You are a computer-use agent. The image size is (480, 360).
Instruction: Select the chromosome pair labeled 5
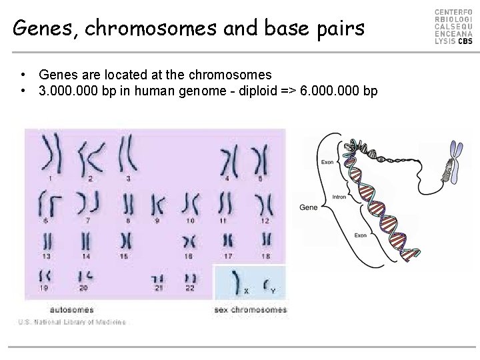tap(261, 160)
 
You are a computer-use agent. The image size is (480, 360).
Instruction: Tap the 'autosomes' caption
tap(72, 309)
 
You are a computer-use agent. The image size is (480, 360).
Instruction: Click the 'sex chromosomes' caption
tap(251, 309)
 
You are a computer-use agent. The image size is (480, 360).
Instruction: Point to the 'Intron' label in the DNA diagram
tap(339, 197)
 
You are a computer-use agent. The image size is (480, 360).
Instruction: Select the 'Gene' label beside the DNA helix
tap(309, 207)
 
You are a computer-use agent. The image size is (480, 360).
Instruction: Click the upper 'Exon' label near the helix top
tap(327, 162)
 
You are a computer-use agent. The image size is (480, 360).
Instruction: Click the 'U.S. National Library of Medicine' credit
tap(72, 323)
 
